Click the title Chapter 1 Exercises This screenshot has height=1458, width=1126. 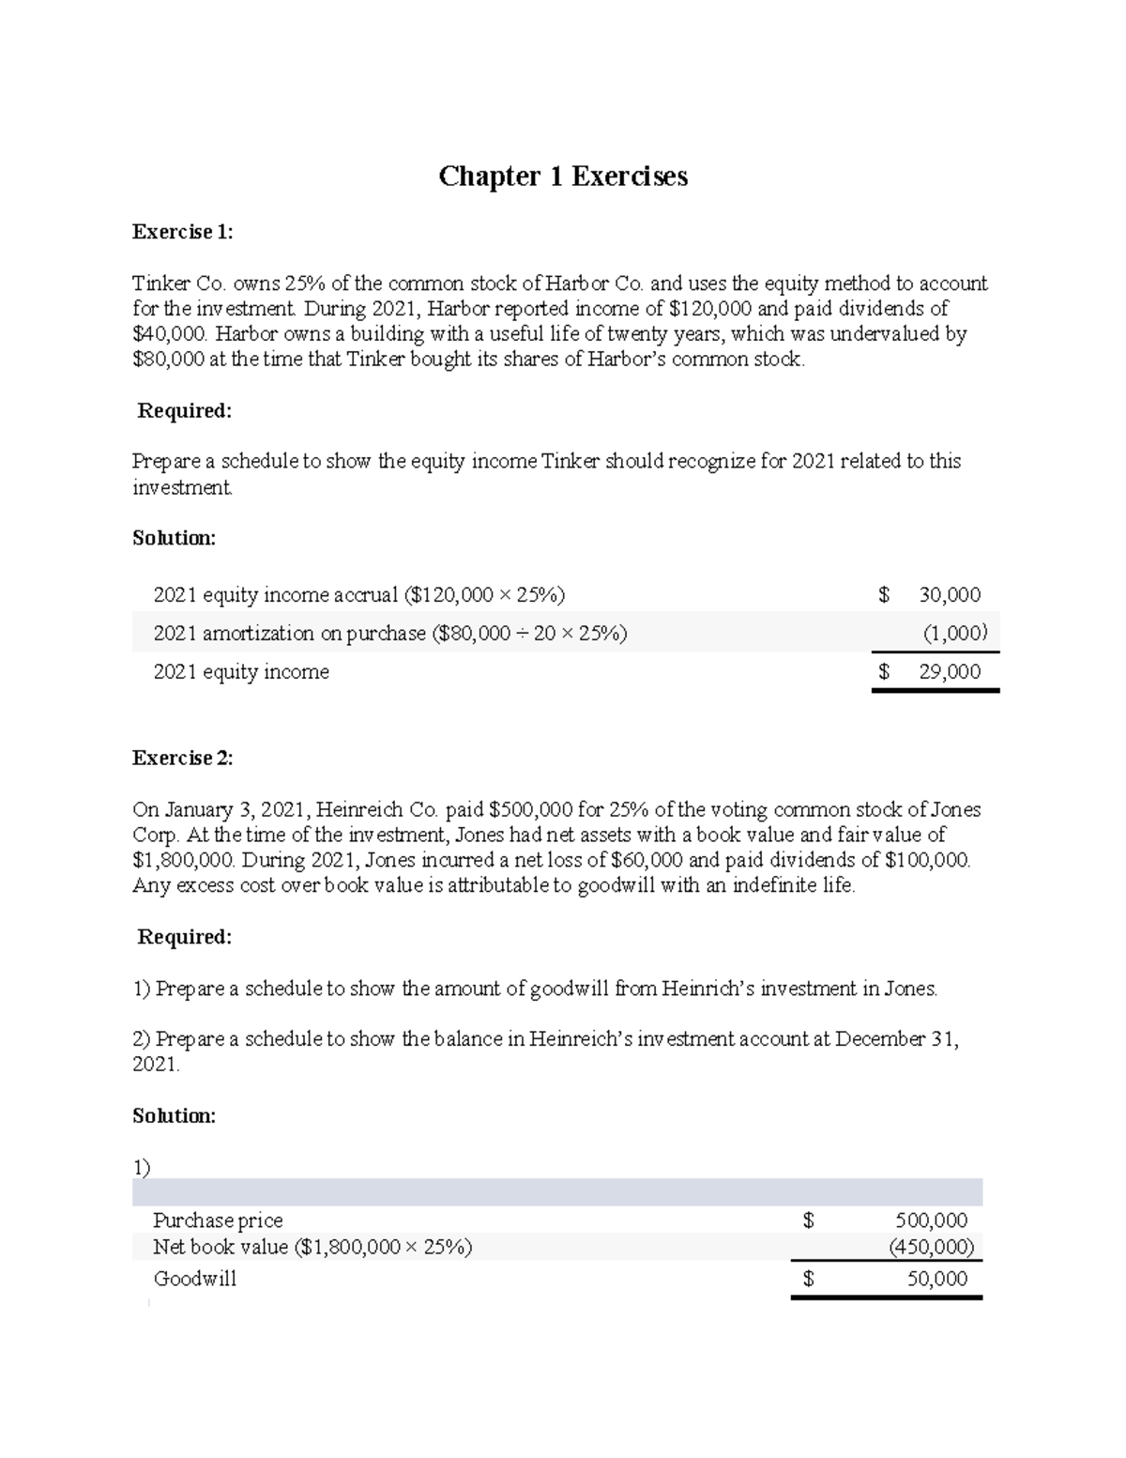(x=563, y=176)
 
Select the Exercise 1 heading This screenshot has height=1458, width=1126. (x=182, y=232)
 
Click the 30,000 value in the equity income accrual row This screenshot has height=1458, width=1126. (x=950, y=594)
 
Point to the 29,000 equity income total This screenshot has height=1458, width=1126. (x=950, y=671)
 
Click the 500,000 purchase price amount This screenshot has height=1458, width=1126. (x=931, y=1220)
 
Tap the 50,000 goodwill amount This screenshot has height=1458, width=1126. (x=936, y=1278)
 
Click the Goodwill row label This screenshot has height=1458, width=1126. (x=194, y=1279)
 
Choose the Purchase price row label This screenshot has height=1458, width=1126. (x=218, y=1220)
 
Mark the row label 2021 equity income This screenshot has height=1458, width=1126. (x=241, y=672)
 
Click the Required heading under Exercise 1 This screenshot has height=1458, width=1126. (x=184, y=410)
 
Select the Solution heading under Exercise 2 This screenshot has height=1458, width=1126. (x=174, y=1115)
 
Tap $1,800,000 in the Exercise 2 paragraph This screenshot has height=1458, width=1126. (x=186, y=860)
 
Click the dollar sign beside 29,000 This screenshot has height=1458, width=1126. (x=883, y=671)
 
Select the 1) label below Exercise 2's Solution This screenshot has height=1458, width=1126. (x=142, y=1167)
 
